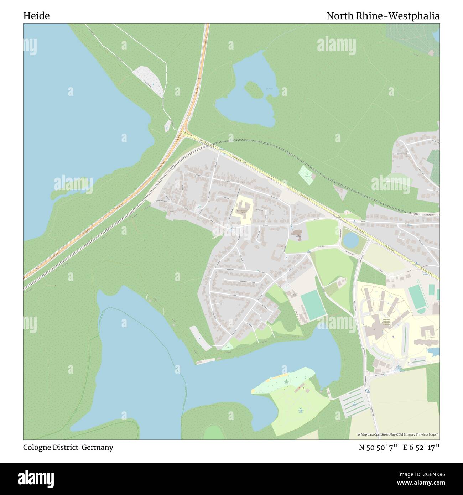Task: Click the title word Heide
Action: pos(36,16)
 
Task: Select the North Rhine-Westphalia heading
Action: pos(383,16)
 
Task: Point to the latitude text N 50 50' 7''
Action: pos(378,447)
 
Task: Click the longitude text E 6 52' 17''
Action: pos(421,447)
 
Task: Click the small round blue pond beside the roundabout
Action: pos(351,240)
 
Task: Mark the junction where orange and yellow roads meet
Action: pos(183,132)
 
